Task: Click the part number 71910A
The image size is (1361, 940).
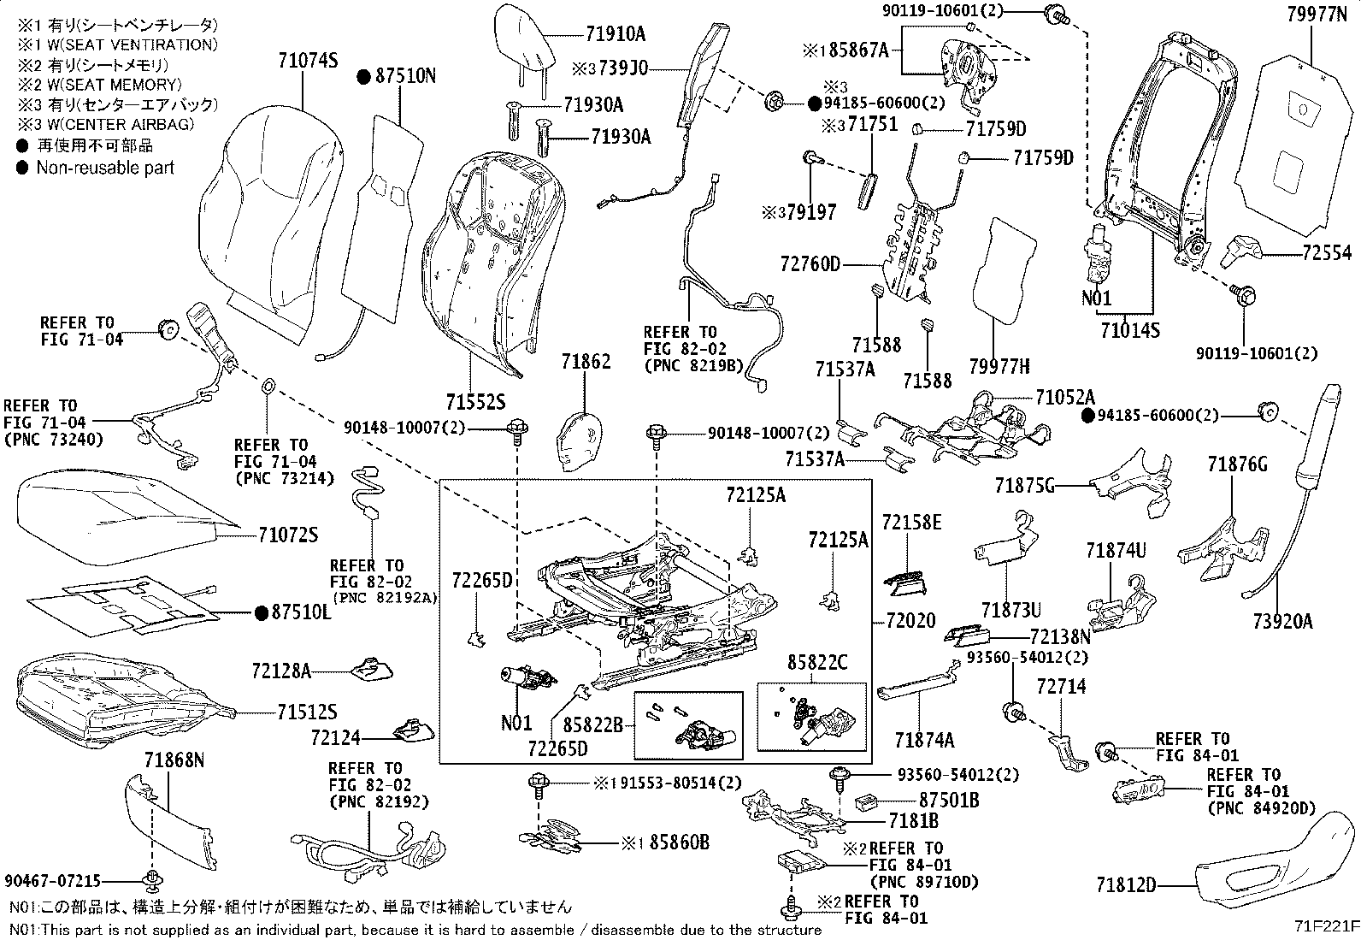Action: point(616,34)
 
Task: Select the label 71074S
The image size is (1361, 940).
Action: point(308,61)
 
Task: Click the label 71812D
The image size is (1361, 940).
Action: point(1126,884)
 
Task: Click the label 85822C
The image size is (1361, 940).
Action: point(817,661)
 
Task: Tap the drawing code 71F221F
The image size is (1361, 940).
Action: point(1325,927)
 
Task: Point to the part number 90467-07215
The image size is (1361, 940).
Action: point(52,880)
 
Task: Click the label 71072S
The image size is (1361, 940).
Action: point(287,535)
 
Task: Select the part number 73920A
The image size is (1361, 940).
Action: point(1282,622)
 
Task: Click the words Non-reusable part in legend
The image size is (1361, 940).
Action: point(104,168)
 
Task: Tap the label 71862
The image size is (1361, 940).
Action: point(586,362)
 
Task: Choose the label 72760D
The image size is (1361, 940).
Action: point(810,263)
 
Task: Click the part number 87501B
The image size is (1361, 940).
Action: point(949,801)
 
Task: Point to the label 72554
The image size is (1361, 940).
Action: point(1327,253)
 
